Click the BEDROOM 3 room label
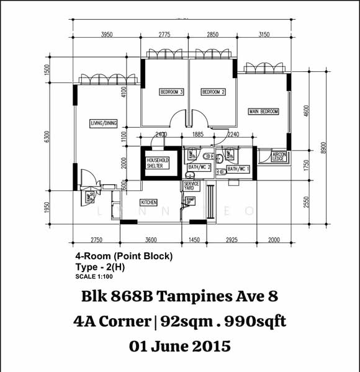[x=172, y=92]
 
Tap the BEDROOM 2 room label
[x=213, y=92]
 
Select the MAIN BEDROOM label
[x=264, y=112]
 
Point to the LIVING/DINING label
[x=103, y=123]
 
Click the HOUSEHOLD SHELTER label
[x=158, y=163]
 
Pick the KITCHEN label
[x=148, y=203]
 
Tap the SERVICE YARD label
[x=191, y=187]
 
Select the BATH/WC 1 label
[x=238, y=169]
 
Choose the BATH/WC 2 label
[x=200, y=167]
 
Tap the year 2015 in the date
[x=210, y=346]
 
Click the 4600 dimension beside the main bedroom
[x=305, y=112]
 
